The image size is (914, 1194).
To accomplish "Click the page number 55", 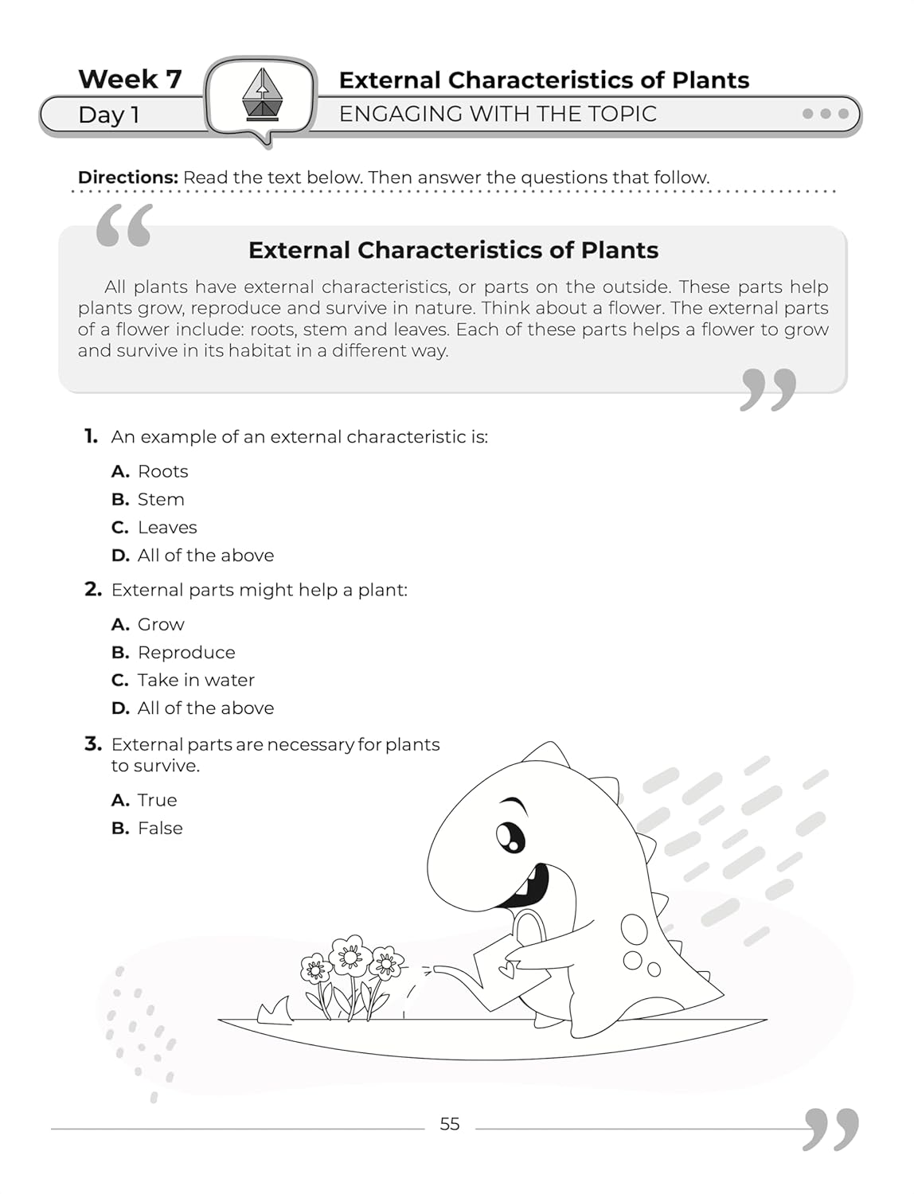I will click(x=450, y=1124).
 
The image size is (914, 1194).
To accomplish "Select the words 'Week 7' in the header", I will click(x=130, y=79).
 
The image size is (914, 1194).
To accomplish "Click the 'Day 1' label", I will click(x=109, y=115).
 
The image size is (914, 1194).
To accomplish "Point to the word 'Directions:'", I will click(x=127, y=177).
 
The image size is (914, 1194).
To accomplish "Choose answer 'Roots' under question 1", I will click(x=162, y=471).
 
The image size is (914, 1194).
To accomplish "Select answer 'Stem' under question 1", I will click(x=161, y=499).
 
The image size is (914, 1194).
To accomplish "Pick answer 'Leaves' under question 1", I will click(x=167, y=527).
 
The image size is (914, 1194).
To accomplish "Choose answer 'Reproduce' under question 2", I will click(x=186, y=652).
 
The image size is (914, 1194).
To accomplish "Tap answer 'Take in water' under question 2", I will click(x=196, y=680).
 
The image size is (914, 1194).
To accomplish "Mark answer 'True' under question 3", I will click(x=157, y=800).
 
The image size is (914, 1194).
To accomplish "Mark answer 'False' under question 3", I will click(x=160, y=828).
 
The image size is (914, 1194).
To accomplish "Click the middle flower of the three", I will click(x=348, y=955).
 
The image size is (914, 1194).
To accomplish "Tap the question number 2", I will click(x=93, y=590).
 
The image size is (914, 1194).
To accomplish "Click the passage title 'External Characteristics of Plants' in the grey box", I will click(x=453, y=250).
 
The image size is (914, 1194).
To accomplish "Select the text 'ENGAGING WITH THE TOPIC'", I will click(x=498, y=114).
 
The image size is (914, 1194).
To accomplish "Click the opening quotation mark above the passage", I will click(x=124, y=226).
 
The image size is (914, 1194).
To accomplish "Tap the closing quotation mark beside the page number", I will click(x=831, y=1129).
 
